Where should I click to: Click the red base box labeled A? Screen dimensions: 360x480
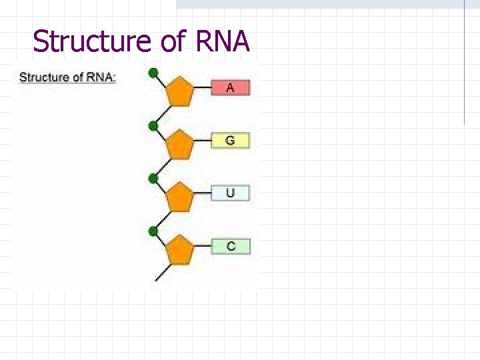231,87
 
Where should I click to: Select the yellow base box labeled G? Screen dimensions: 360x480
231,141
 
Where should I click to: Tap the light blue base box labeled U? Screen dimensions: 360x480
231,193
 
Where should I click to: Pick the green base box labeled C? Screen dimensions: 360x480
231,246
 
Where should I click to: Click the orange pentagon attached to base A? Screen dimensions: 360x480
179,92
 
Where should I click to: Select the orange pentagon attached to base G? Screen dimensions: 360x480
179,145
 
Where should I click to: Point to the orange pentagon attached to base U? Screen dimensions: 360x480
179,197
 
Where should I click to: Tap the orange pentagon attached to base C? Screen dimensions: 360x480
179,250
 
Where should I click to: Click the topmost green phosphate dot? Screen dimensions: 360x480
153,73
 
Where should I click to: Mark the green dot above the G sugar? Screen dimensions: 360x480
153,125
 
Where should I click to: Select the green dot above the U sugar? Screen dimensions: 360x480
153,178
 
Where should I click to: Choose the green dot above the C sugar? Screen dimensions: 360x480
153,231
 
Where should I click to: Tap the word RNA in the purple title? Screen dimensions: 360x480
223,41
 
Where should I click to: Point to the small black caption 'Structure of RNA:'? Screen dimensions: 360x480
68,77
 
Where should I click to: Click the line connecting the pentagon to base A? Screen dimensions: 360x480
203,88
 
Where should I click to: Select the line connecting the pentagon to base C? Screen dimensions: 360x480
203,247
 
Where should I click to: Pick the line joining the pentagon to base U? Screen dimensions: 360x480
203,194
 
